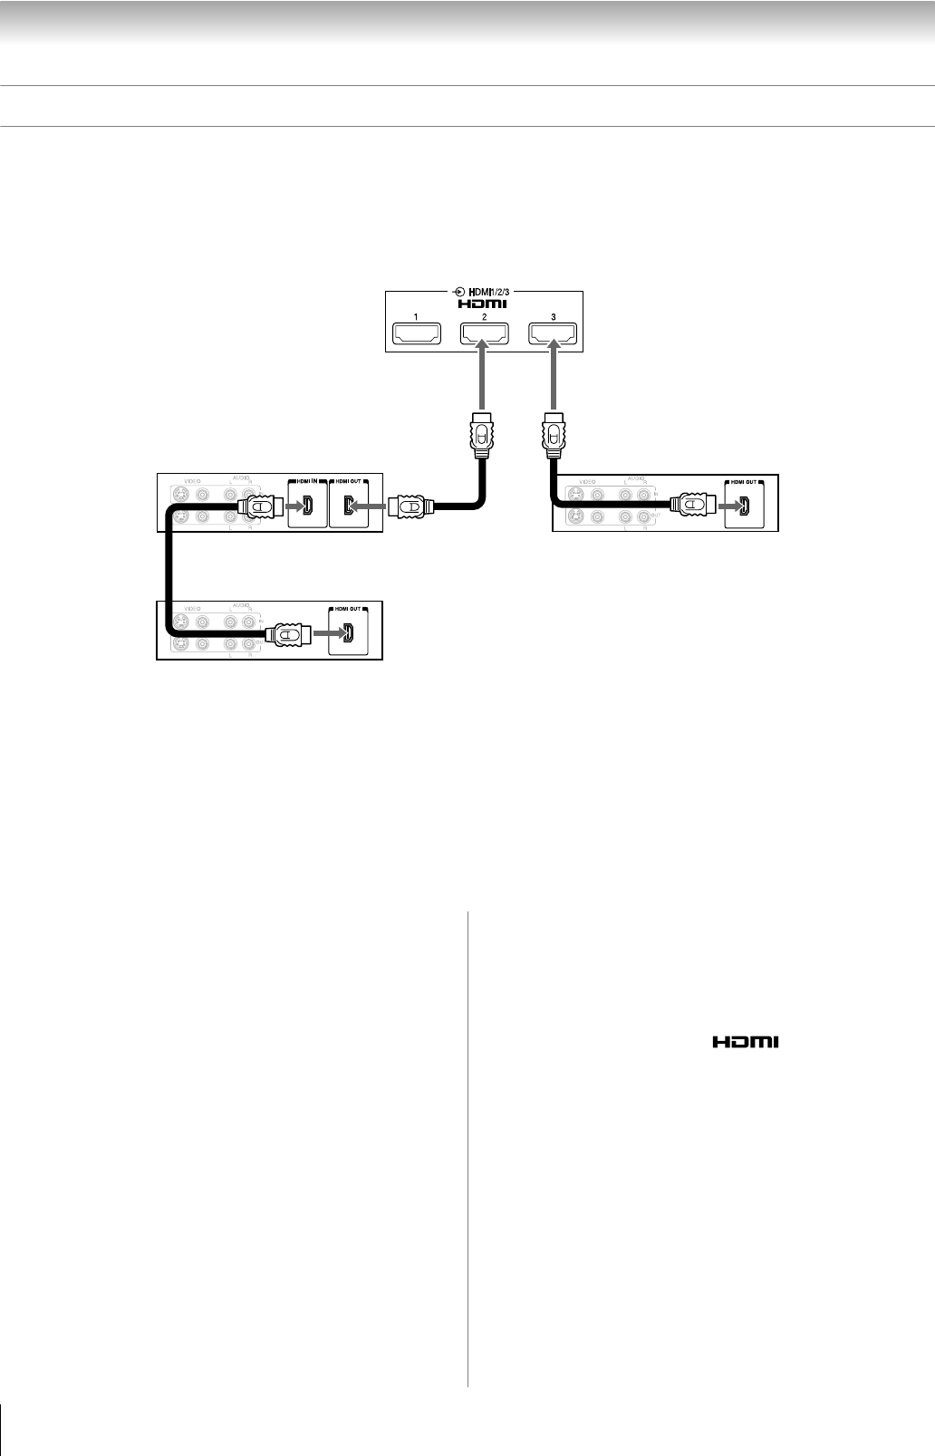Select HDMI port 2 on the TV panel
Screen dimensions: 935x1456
(x=484, y=335)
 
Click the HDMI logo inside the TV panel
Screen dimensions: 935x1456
(x=484, y=304)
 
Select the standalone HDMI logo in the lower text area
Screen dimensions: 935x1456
(x=745, y=1043)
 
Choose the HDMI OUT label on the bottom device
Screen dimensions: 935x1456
(x=347, y=609)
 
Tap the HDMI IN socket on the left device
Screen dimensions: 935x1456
(x=305, y=507)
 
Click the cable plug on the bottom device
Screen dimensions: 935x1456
(x=291, y=634)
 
